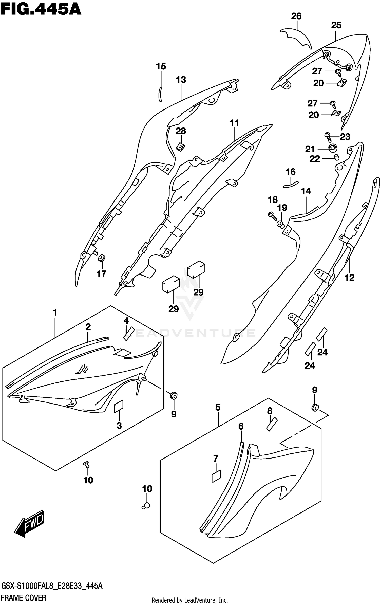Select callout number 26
tap(296, 16)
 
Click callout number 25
tap(336, 25)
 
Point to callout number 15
tap(161, 66)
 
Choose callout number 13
tap(181, 80)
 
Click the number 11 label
tap(234, 123)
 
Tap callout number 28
tap(181, 131)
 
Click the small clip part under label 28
tap(180, 146)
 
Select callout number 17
tap(101, 274)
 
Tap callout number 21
tap(310, 149)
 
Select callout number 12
tap(349, 277)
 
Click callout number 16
tap(291, 172)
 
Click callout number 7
tap(216, 458)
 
